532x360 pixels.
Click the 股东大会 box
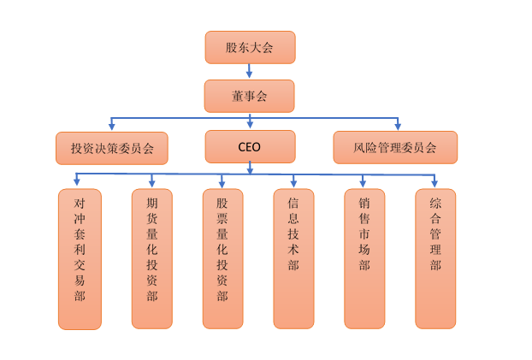pyautogui.click(x=250, y=47)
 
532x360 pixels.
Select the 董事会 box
pyautogui.click(x=250, y=96)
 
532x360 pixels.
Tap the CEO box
pyautogui.click(x=250, y=146)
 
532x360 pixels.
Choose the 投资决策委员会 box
pyautogui.click(x=111, y=148)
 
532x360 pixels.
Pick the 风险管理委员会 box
pyautogui.click(x=394, y=147)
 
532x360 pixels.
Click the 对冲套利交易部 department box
pyautogui.click(x=80, y=258)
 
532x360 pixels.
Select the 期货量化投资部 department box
pyautogui.click(x=152, y=258)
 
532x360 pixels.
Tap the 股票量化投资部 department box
pyautogui.click(x=222, y=258)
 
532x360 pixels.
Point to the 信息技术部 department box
pyautogui.click(x=293, y=258)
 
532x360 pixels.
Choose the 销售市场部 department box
pyautogui.click(x=364, y=258)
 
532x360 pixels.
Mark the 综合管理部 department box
pyautogui.click(x=435, y=258)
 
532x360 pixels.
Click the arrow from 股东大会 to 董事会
pyautogui.click(x=250, y=72)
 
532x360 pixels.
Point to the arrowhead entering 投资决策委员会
pyautogui.click(x=111, y=127)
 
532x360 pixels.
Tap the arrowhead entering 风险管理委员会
pyautogui.click(x=398, y=126)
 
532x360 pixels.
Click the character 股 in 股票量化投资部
pyautogui.click(x=222, y=204)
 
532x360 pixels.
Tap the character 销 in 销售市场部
pyautogui.click(x=364, y=204)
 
